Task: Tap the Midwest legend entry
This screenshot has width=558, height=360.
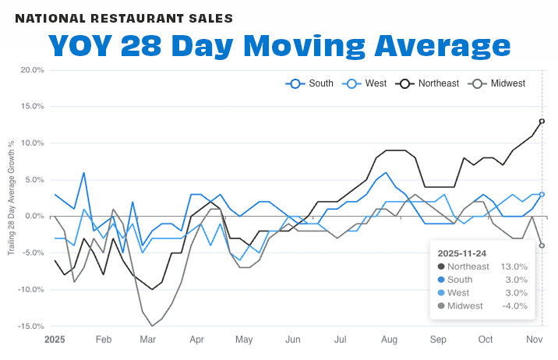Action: (503, 83)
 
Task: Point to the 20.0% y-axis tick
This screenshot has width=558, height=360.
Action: (32, 70)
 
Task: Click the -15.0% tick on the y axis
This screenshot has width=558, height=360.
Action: (30, 326)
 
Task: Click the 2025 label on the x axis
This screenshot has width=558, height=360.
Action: (55, 340)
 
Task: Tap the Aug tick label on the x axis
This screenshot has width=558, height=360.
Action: (389, 340)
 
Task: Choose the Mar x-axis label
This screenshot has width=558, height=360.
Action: (149, 340)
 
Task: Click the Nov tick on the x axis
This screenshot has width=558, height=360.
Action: (534, 340)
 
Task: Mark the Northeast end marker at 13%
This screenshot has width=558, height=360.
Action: (542, 121)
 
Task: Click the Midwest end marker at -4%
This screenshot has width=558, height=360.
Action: (542, 245)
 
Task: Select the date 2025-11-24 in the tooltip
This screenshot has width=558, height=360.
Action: (461, 253)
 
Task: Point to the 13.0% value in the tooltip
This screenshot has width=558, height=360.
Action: (514, 266)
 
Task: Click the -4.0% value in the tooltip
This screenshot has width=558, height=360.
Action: (514, 305)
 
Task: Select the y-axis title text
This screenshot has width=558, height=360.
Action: (10, 198)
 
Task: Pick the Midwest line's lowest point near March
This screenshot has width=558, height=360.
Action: (152, 326)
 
